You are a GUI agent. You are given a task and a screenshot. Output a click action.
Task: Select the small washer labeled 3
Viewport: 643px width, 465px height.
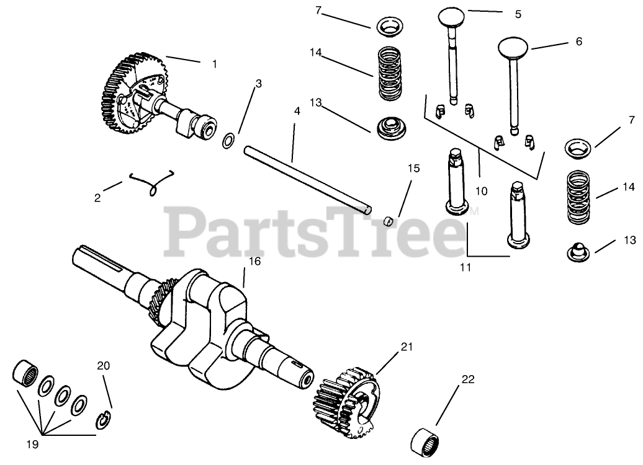[x=228, y=140]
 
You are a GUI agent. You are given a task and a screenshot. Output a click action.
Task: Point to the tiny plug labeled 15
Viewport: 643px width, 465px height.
[x=389, y=220]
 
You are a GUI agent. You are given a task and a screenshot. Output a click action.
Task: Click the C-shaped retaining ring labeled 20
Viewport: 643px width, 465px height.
[x=104, y=422]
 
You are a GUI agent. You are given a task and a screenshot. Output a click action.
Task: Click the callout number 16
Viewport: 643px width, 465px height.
[x=254, y=261]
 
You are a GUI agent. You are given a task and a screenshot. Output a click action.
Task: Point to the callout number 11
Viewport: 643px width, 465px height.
[x=465, y=267]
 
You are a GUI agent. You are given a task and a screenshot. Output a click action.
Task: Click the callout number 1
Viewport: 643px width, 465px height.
[x=215, y=63]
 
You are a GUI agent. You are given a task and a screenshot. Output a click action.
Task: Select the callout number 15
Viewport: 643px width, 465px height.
[x=413, y=168]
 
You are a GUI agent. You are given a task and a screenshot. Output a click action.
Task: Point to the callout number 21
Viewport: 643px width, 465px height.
[x=406, y=347]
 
